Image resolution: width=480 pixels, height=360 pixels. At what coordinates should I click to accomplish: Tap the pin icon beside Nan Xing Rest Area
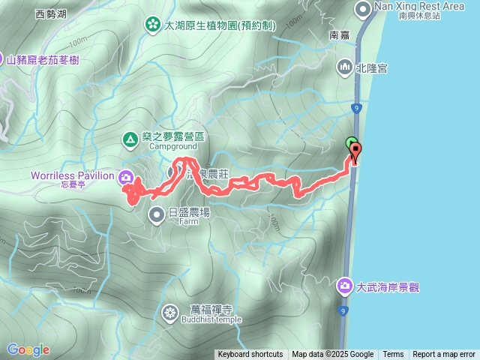(x=364, y=10)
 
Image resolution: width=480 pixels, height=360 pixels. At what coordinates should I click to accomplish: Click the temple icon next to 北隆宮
(x=345, y=67)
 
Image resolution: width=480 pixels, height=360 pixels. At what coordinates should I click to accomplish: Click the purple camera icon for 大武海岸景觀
(x=345, y=286)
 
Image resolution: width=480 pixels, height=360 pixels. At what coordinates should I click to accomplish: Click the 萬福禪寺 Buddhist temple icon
(x=171, y=311)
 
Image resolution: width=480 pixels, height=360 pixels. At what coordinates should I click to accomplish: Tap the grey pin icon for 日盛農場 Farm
(x=157, y=215)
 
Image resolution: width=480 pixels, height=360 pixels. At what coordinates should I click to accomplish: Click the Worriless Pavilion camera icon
(x=127, y=177)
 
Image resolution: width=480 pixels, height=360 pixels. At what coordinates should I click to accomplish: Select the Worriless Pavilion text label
(x=72, y=175)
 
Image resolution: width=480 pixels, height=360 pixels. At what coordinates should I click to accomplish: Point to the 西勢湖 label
(x=52, y=13)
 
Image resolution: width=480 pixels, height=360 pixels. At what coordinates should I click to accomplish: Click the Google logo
(x=28, y=349)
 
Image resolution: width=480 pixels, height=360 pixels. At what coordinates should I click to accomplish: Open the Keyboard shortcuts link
(x=250, y=355)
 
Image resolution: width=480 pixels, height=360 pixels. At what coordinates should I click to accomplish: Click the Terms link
(x=393, y=355)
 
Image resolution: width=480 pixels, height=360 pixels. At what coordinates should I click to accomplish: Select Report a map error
(x=444, y=355)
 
